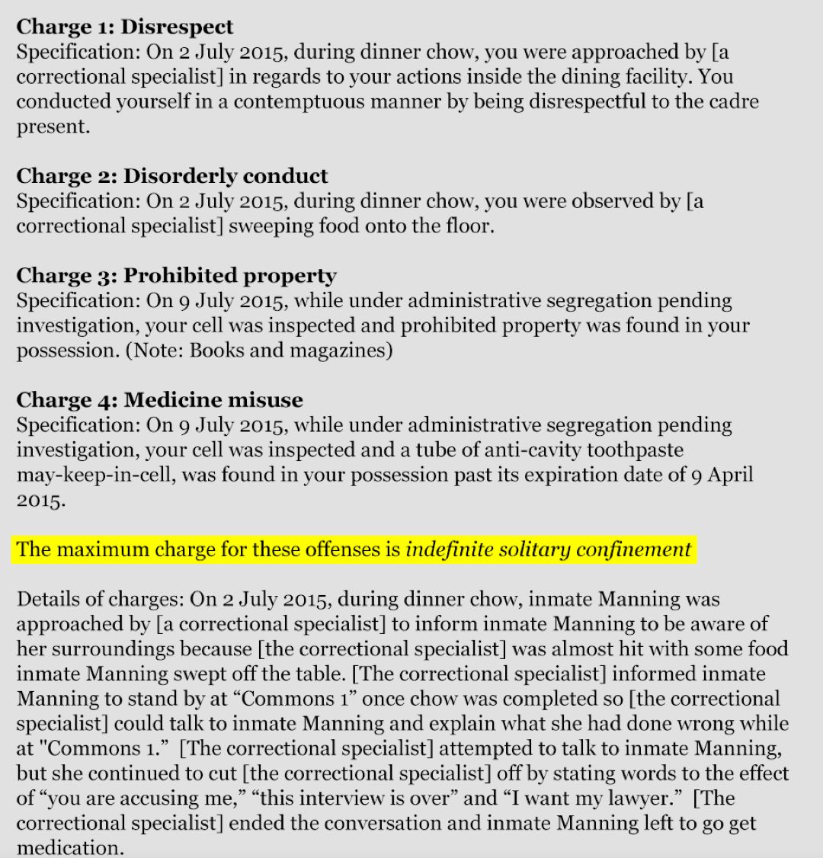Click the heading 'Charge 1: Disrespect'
click(125, 27)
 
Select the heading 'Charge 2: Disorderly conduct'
click(172, 176)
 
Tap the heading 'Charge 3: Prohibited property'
click(176, 275)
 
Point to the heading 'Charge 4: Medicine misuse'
click(159, 399)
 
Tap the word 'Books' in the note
click(217, 351)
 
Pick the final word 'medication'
click(69, 848)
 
